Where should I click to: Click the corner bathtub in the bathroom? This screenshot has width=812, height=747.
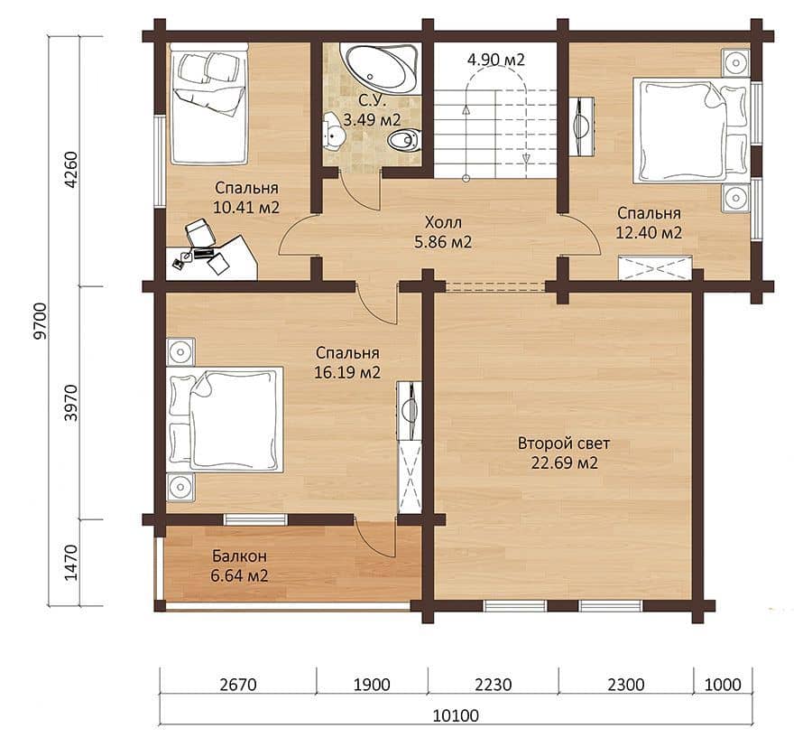coord(380,69)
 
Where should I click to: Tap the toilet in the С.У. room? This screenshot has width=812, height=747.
coord(404,141)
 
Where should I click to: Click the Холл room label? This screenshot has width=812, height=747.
coord(443,223)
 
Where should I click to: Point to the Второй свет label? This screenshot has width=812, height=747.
coord(564,444)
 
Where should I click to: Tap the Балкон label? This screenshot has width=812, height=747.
coord(239,556)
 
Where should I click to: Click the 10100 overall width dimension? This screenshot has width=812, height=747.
coord(456,716)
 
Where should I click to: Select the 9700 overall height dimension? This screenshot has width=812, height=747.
coord(41,321)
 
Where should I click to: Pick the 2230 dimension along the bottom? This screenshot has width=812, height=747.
coord(493,685)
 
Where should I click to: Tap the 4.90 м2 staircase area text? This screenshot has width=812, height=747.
coord(495,60)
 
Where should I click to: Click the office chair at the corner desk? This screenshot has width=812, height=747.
coord(200,233)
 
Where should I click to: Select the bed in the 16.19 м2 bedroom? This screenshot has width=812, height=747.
coord(226,419)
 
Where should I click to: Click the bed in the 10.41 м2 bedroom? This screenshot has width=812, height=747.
coord(208,104)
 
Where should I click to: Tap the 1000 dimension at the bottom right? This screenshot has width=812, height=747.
coord(723,685)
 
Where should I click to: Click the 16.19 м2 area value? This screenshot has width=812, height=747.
coord(347,373)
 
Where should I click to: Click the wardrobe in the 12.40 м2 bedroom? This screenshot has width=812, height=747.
coord(656,267)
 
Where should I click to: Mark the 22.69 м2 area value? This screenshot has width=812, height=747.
coord(565,462)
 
